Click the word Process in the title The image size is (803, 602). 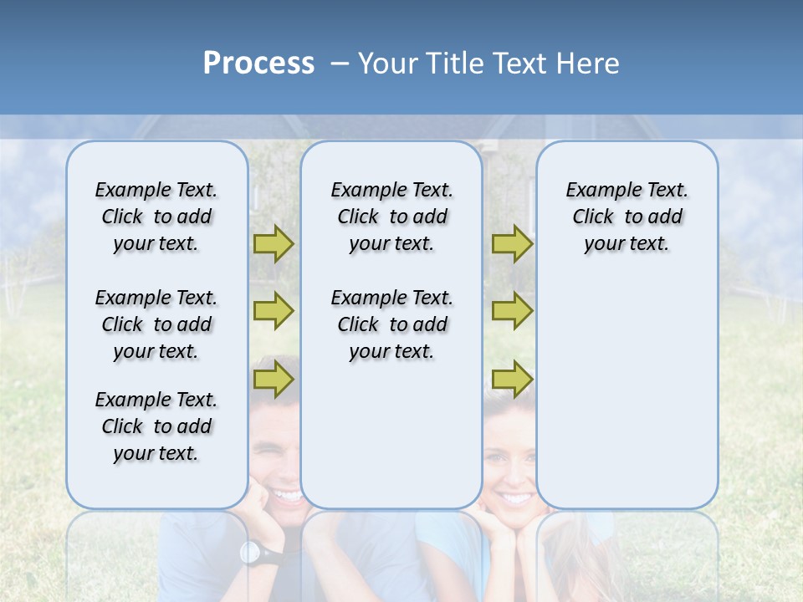coord(258,64)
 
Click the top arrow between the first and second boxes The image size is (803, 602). coord(274,243)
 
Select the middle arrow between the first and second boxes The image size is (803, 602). coord(274,310)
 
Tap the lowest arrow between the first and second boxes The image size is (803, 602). coord(274,380)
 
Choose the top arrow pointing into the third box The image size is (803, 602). coord(512,243)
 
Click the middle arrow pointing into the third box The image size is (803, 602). coord(512,310)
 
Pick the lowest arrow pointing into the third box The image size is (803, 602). coord(512,380)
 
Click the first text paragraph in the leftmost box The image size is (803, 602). coord(156,217)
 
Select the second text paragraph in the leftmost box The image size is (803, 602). coord(156,324)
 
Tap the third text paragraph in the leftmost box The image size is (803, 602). coord(156,426)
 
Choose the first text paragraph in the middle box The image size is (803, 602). coord(391,217)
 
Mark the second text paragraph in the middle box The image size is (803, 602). coord(391,324)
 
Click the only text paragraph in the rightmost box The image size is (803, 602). coord(627,217)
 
